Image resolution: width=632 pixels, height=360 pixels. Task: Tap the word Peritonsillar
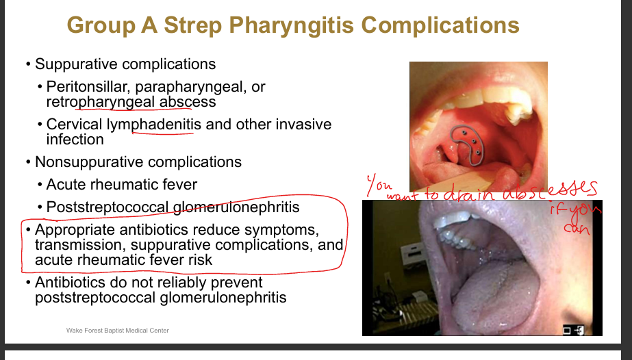coord(88,86)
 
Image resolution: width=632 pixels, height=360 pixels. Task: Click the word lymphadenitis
coord(153,125)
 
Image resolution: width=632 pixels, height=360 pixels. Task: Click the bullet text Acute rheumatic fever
coord(122,184)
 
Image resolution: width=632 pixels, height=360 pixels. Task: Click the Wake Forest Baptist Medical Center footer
coord(118,331)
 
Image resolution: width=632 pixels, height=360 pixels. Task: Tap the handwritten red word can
coord(577,229)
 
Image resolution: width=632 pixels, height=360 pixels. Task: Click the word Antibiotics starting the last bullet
coord(70,283)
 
